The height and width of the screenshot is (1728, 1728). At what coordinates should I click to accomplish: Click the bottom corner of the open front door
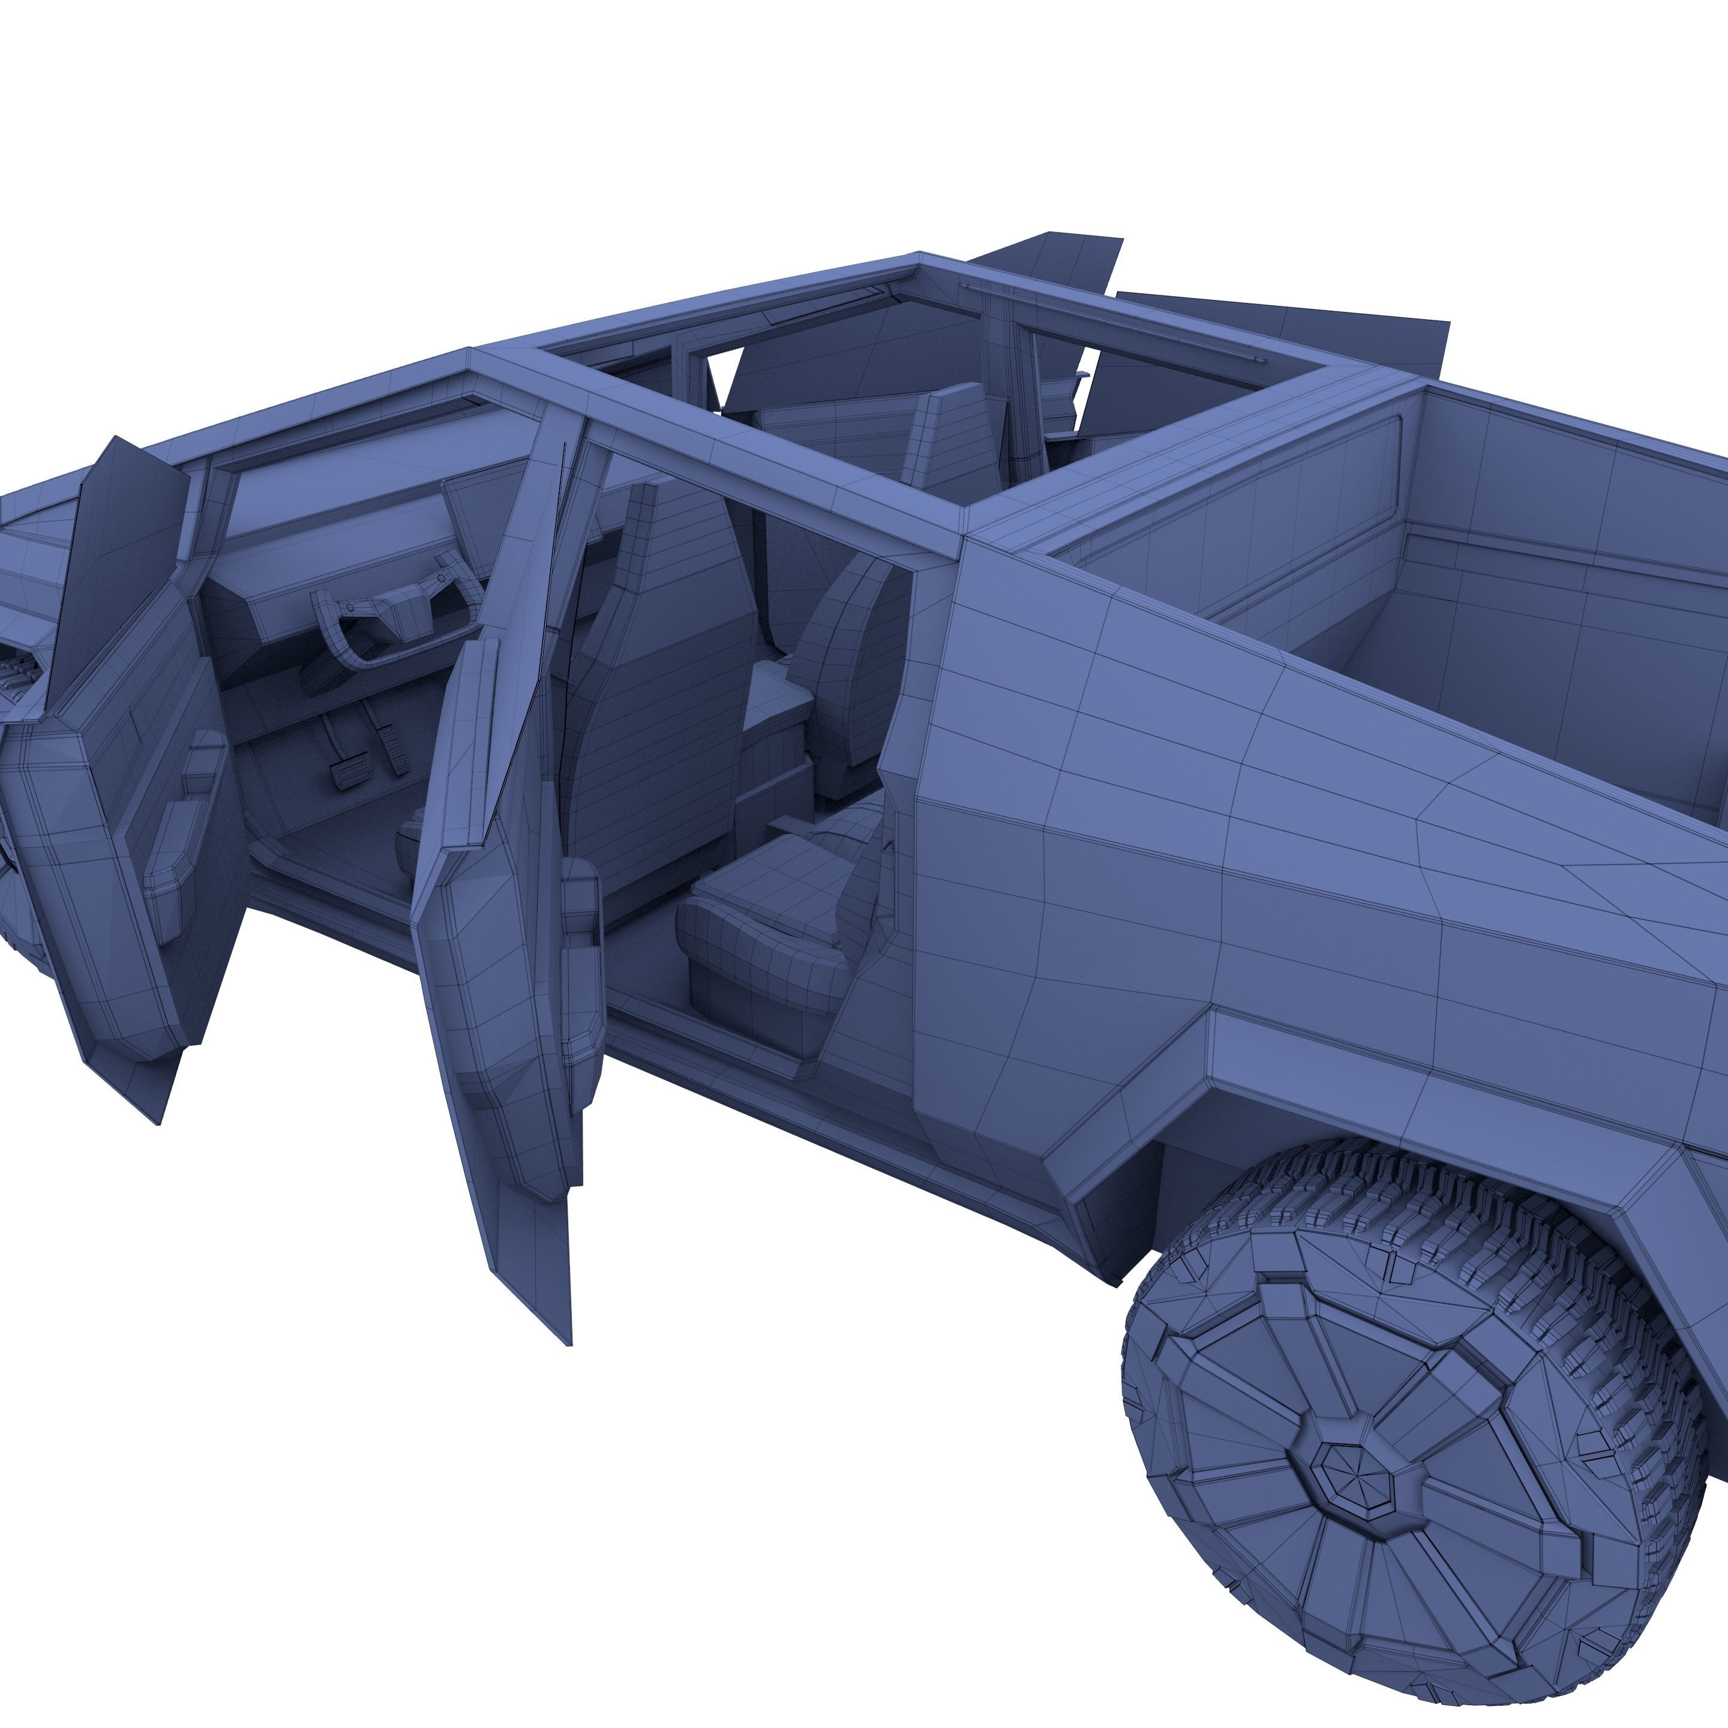157,1118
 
